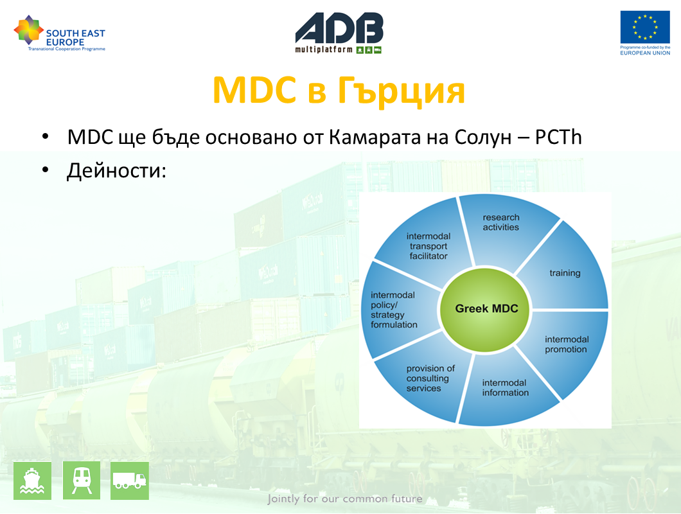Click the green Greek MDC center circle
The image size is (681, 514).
[x=485, y=309]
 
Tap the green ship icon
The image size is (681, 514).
[x=32, y=481]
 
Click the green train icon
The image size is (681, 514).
[x=82, y=481]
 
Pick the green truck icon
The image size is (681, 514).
[x=129, y=481]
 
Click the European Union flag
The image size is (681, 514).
[x=645, y=27]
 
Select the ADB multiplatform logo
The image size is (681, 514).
[x=339, y=33]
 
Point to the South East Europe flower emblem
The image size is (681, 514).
[x=29, y=30]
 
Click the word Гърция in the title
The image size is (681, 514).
[x=401, y=91]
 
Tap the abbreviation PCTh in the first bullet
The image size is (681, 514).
[x=558, y=137]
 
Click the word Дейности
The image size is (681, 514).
[x=116, y=171]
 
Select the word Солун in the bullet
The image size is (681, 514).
[x=483, y=137]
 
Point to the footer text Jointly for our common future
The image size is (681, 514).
[x=345, y=499]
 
